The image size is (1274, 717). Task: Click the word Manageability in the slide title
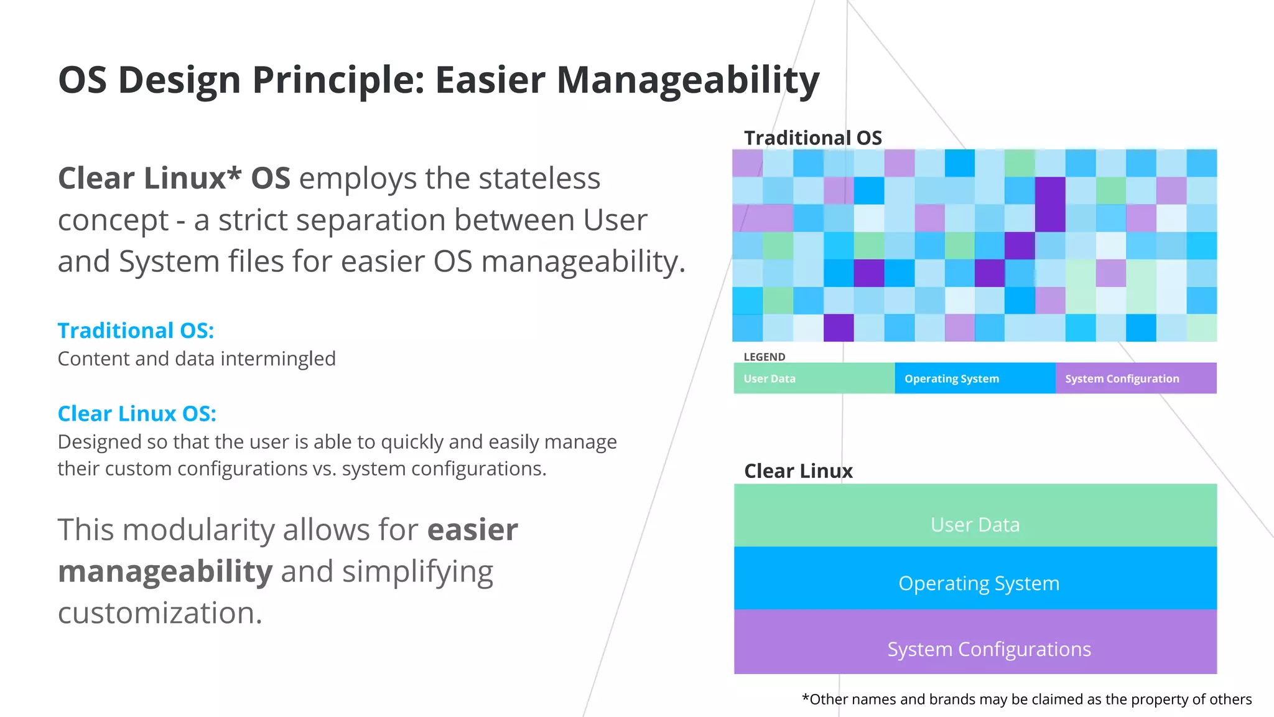[x=687, y=81]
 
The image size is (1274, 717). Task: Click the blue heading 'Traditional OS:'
[x=136, y=330]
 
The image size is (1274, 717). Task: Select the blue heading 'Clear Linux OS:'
[x=137, y=414]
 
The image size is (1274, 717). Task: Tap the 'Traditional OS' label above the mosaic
[x=812, y=138]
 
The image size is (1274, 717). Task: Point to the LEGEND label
[x=764, y=357]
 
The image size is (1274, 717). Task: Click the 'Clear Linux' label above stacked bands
[x=798, y=471]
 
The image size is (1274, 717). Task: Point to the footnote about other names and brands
[x=1026, y=700]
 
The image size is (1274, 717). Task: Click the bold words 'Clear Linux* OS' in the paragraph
[x=174, y=179]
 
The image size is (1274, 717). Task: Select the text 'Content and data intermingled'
[x=197, y=359]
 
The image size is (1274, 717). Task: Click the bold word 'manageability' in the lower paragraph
[x=165, y=571]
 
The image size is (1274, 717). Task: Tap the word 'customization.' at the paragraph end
[x=160, y=613]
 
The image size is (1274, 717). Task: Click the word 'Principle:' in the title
[x=338, y=81]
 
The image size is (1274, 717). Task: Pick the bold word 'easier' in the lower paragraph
[x=472, y=530]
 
